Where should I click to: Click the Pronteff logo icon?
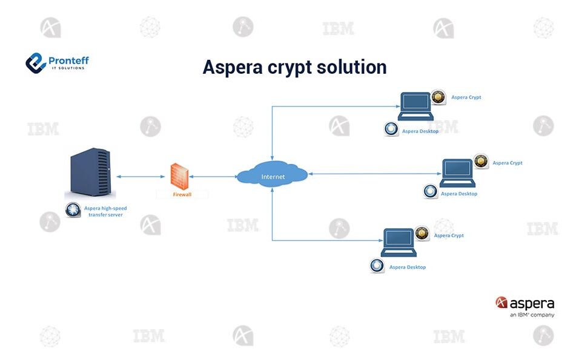click(x=36, y=62)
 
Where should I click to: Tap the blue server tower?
click(x=90, y=175)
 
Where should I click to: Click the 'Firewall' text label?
click(x=182, y=195)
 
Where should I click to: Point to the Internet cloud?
click(x=272, y=175)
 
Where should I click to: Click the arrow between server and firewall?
click(x=141, y=177)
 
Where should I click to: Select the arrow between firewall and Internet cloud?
click(x=213, y=177)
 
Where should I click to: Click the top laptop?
click(x=415, y=107)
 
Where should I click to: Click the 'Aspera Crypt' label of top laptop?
click(x=466, y=97)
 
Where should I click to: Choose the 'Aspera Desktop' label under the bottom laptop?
click(x=407, y=267)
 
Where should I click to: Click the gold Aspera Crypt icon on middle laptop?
click(x=481, y=161)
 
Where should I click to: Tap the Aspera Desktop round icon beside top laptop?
click(x=391, y=129)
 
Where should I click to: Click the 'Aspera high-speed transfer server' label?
click(x=105, y=211)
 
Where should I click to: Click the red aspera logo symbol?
click(x=501, y=302)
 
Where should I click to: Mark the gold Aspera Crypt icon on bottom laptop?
click(x=423, y=234)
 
